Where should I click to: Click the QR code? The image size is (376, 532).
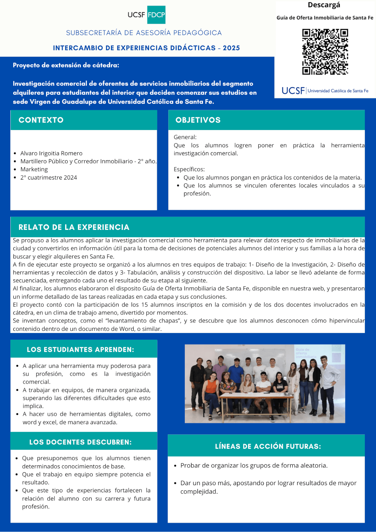coord(325,52)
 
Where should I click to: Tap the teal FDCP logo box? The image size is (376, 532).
coord(156,15)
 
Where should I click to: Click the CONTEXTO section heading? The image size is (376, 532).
coord(41,120)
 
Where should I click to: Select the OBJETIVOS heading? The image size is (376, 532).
coord(198,120)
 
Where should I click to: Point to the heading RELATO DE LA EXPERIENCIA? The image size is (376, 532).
coord(74,227)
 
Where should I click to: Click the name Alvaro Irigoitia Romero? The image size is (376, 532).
coord(51,153)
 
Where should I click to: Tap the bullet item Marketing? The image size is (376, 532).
coord(34,169)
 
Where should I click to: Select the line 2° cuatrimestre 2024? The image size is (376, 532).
coord(49,177)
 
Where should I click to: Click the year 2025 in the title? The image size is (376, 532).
coord(231,48)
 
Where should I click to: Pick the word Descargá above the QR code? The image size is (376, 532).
coord(324,5)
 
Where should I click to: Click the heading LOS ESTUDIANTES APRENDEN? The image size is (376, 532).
coord(80,349)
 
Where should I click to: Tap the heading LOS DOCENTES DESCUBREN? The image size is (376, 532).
coord(80,442)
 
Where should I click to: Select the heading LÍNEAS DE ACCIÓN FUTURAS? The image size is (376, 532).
coord(268,446)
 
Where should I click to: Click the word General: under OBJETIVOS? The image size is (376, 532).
coord(185,137)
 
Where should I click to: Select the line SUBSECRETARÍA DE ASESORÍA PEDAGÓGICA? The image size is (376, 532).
coord(144,33)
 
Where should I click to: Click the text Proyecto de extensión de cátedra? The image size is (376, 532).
coord(66,65)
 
